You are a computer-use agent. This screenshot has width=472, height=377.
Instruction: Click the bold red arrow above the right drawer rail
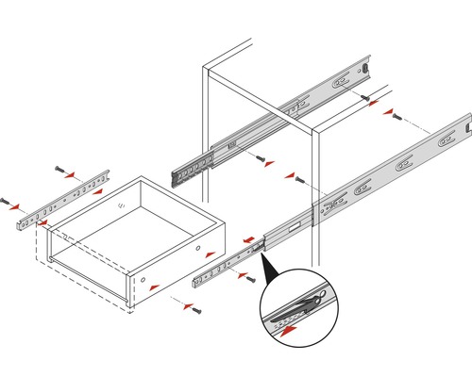click(253, 241)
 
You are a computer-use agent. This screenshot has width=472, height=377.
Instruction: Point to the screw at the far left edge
click(8, 202)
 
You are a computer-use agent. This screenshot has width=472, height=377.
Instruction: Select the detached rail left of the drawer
click(59, 199)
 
